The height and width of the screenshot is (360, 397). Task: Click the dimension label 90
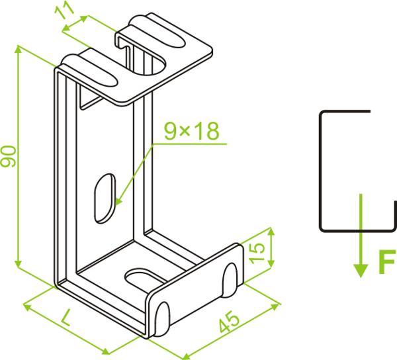(x=9, y=156)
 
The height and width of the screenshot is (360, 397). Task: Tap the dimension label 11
(x=65, y=11)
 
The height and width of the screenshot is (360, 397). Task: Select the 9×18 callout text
(x=191, y=131)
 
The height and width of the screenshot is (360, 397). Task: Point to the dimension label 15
(x=256, y=253)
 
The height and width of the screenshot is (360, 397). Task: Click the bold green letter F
(x=387, y=261)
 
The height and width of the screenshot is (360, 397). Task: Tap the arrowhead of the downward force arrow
(x=361, y=271)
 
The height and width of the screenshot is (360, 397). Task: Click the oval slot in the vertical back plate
(x=105, y=199)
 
